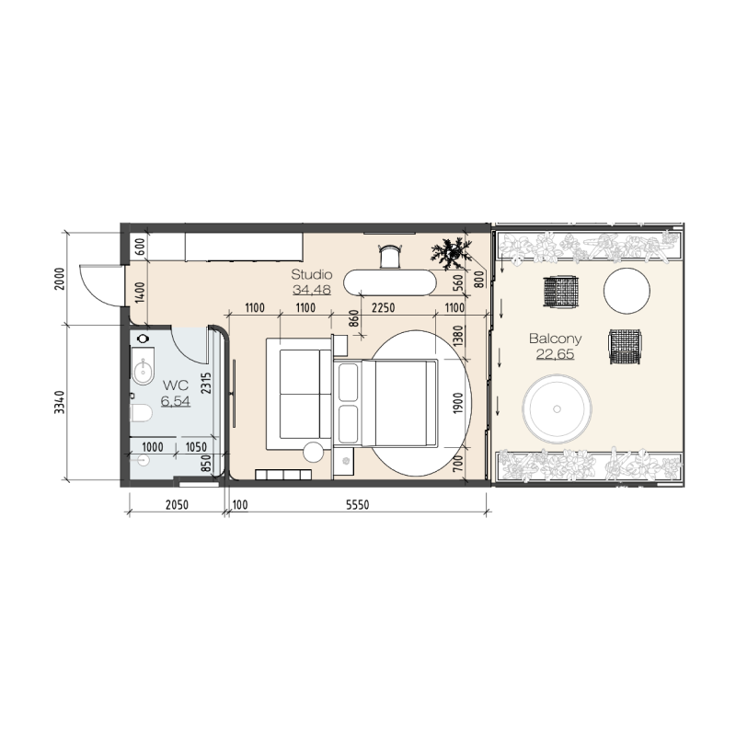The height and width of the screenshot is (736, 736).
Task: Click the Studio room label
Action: pos(312,274)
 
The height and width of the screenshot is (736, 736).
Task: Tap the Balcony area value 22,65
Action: pos(556,354)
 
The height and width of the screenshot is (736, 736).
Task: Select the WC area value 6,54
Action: pos(176,401)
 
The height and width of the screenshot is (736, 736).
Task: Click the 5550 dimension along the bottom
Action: pos(358,504)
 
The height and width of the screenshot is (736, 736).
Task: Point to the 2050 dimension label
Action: pos(177,504)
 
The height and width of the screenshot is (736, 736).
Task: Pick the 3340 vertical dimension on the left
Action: pos(60,402)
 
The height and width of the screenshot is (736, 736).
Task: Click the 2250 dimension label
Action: pos(383,308)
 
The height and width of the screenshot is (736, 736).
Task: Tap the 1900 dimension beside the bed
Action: pos(458,403)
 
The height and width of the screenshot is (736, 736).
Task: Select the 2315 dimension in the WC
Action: pos(206,383)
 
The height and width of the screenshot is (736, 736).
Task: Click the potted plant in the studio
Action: pos(451,254)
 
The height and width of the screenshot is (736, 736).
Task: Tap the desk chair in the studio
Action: pos(390,256)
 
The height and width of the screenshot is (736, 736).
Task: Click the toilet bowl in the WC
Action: pos(142,413)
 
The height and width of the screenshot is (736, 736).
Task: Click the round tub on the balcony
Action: pos(557,408)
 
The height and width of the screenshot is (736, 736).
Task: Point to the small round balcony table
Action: pos(627,291)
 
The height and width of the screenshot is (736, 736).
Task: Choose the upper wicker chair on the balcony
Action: pos(561,292)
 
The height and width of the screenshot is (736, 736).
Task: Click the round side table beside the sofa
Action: pos(313,452)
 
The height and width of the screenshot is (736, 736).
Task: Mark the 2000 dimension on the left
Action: pos(60,279)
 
